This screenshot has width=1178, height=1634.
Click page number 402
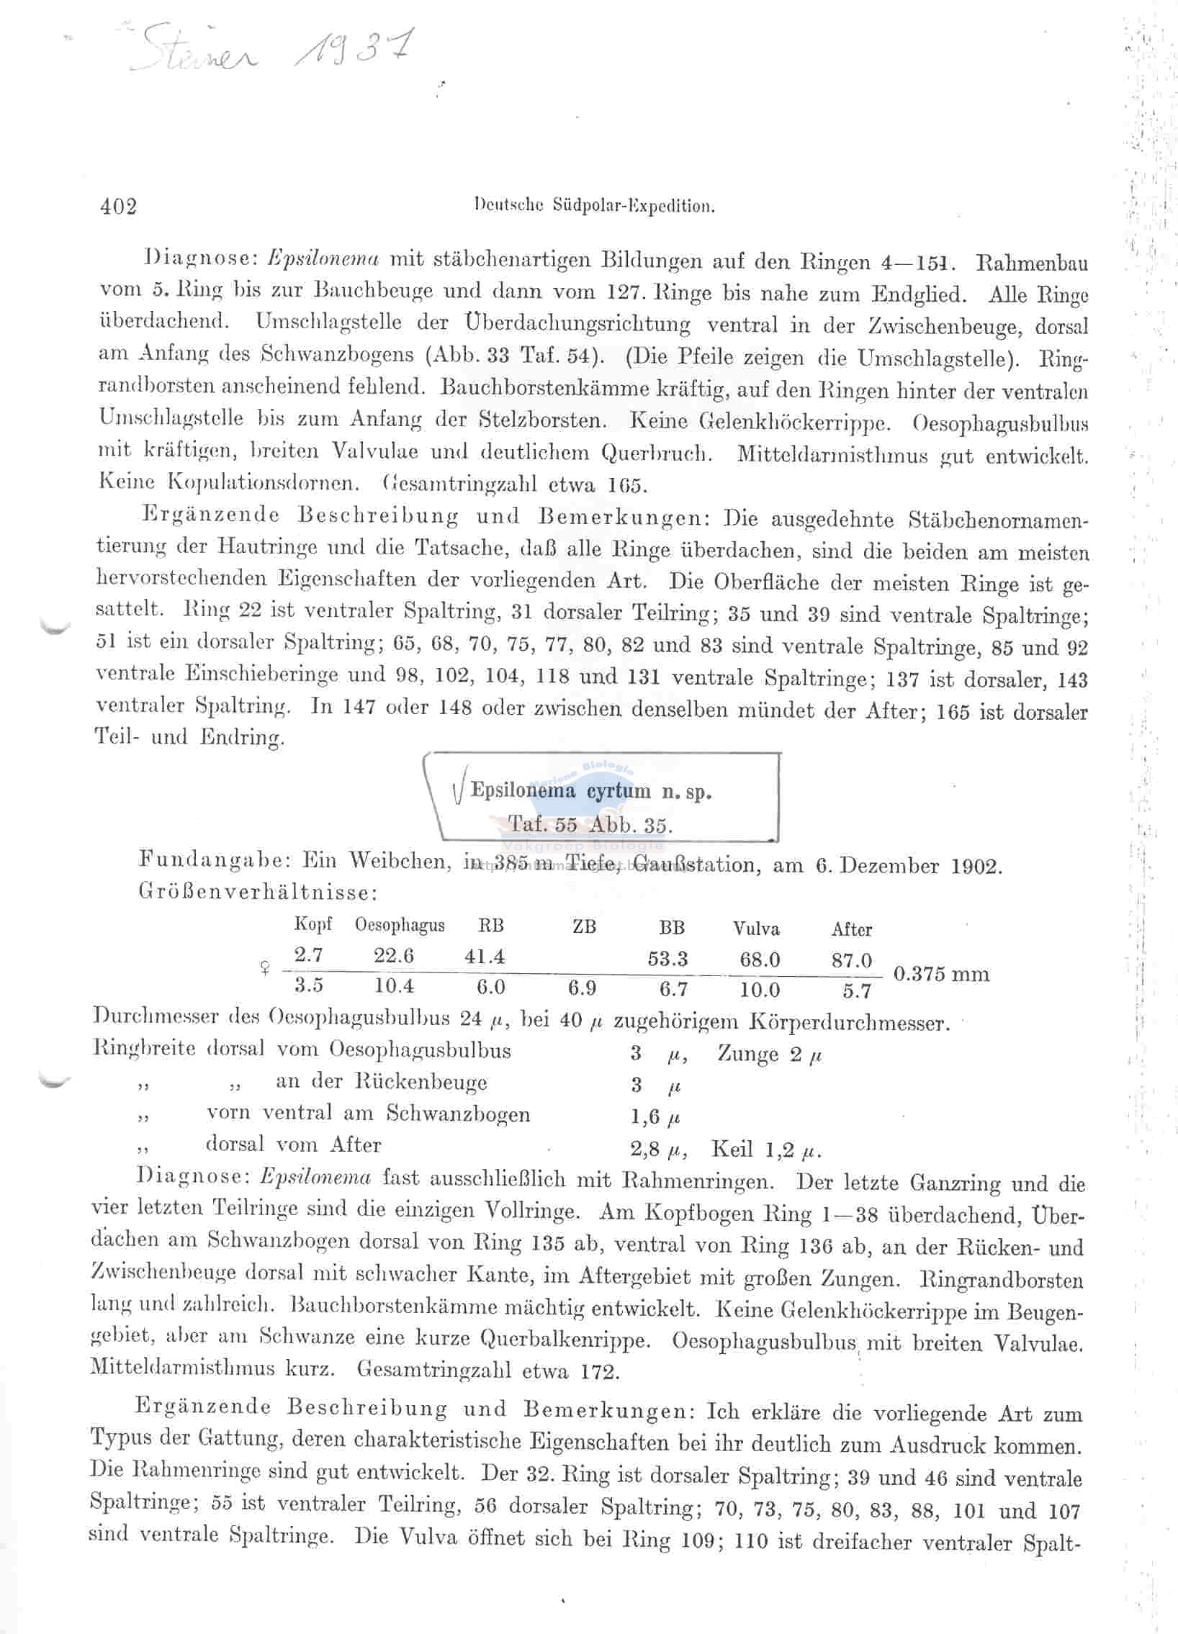[x=119, y=207]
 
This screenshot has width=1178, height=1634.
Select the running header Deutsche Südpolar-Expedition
[x=595, y=206]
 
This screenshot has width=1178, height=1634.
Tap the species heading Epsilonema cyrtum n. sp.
[x=591, y=791]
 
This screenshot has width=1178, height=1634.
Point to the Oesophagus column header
[x=399, y=925]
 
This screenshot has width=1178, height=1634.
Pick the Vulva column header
[x=756, y=929]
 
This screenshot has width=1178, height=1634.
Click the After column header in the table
[x=852, y=929]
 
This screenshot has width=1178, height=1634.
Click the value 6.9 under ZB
[x=581, y=988]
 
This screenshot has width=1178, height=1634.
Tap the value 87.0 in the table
[x=852, y=960]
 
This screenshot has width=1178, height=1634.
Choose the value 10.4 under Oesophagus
[x=393, y=985]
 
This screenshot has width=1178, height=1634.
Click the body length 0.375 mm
[x=941, y=974]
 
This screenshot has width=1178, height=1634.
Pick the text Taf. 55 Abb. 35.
[x=590, y=824]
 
